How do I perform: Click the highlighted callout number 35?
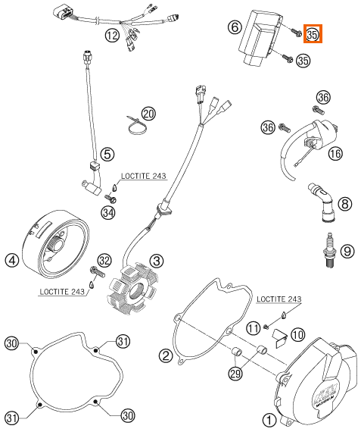pos(313,34)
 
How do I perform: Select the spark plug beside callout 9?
pos(331,252)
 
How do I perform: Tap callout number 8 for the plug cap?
pos(345,204)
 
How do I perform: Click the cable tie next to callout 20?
pos(137,126)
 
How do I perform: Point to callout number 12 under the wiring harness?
pos(112,36)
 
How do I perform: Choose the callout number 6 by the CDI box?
pos(235,27)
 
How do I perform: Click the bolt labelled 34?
pos(110,198)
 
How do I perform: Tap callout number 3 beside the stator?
pos(157,261)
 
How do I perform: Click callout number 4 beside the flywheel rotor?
pos(12,260)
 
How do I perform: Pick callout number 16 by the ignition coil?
pos(335,153)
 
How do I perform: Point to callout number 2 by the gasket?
pos(166,356)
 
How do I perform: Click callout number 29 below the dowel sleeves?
pos(235,374)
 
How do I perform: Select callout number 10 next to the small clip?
pos(297,334)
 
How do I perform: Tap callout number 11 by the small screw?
pos(253,328)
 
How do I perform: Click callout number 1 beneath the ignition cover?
pos(269,420)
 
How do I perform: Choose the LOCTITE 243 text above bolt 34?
pos(143,176)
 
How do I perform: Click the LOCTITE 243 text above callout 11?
pos(279,299)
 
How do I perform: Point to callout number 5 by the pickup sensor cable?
pos(107,154)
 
